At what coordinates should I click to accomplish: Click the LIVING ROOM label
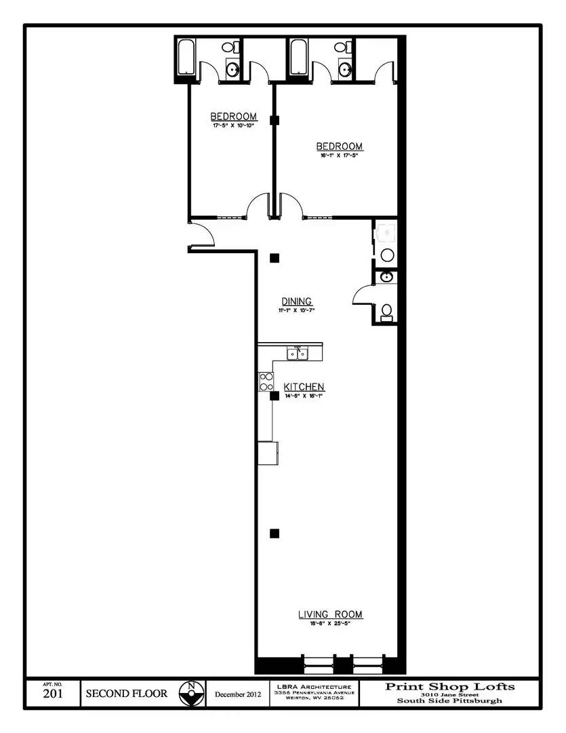click(x=330, y=614)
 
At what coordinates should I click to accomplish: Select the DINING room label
click(x=296, y=301)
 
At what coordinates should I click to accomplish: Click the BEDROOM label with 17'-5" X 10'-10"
click(x=233, y=116)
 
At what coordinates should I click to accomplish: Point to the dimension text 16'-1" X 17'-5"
click(x=340, y=155)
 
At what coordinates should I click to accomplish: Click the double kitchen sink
click(x=296, y=353)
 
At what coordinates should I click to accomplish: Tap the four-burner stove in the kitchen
click(x=266, y=382)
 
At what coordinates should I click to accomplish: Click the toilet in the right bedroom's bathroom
click(x=345, y=48)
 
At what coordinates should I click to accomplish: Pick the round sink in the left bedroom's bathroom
click(x=233, y=69)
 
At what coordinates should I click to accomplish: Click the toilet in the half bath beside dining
click(x=387, y=312)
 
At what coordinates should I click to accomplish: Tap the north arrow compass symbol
click(x=192, y=694)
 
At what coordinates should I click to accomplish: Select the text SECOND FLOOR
click(x=126, y=694)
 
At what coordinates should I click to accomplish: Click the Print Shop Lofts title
click(x=449, y=686)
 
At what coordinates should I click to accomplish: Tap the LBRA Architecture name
click(x=313, y=687)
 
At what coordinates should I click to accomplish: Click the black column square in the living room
click(x=275, y=533)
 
